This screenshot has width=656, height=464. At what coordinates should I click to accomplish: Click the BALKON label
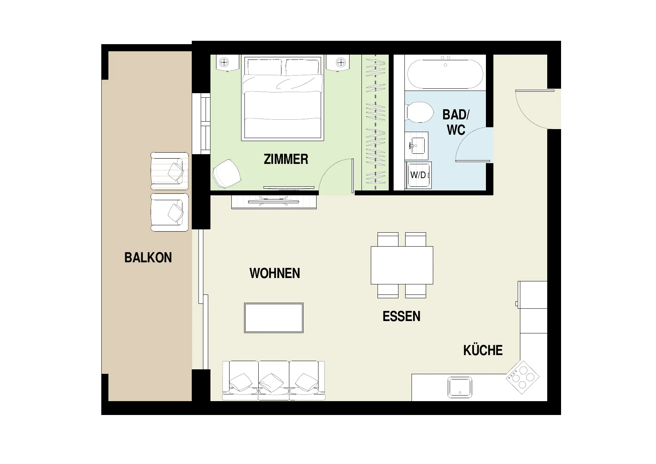click(x=148, y=258)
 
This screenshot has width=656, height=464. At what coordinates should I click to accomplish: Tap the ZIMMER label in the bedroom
click(x=286, y=159)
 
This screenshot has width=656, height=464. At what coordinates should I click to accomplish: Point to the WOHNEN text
click(x=275, y=273)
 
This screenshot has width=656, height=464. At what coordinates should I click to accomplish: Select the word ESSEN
click(x=401, y=317)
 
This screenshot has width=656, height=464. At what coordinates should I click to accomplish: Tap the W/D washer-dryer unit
click(x=418, y=175)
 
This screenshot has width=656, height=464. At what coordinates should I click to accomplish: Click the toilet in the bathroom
click(x=419, y=112)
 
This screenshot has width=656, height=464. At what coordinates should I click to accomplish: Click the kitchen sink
click(x=460, y=387)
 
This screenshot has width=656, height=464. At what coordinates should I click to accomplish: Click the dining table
click(x=402, y=265)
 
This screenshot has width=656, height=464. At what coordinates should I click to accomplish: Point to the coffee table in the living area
click(x=274, y=318)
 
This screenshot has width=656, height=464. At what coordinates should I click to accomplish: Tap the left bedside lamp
click(x=224, y=62)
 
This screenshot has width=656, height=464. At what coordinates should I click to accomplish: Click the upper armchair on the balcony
click(x=169, y=171)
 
